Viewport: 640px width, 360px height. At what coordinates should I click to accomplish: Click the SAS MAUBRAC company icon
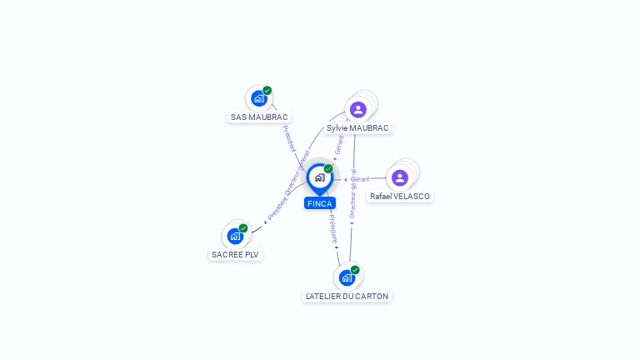pos(258,98)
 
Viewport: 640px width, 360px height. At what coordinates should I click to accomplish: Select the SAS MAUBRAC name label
pos(259,117)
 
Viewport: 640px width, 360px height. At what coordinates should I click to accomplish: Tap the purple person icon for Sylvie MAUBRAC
pos(358,109)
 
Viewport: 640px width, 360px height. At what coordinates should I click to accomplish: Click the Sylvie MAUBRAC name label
pos(357,128)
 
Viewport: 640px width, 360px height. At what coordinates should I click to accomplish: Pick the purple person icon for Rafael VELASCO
pos(400,177)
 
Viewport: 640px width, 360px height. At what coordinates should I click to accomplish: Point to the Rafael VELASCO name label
pos(400,197)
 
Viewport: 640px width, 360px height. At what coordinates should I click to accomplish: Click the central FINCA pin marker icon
pos(319,177)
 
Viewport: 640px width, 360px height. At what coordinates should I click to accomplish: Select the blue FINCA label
pos(320,203)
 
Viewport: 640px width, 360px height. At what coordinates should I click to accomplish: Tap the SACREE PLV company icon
pos(235,236)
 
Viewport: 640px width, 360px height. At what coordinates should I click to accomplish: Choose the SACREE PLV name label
pos(235,255)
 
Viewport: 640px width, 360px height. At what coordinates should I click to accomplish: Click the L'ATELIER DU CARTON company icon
pos(347,277)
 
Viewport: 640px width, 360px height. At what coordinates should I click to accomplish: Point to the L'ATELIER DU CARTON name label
pos(347,297)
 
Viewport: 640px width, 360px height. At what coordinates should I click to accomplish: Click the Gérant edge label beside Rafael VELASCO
pos(359,179)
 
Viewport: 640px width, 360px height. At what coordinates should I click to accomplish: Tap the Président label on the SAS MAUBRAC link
pos(289,138)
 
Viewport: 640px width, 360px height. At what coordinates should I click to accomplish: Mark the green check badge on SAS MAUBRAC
pos(267,91)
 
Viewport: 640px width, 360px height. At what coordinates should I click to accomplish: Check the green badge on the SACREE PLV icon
pos(243,228)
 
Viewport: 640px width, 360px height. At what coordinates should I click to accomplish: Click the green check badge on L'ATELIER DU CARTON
pos(355,270)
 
